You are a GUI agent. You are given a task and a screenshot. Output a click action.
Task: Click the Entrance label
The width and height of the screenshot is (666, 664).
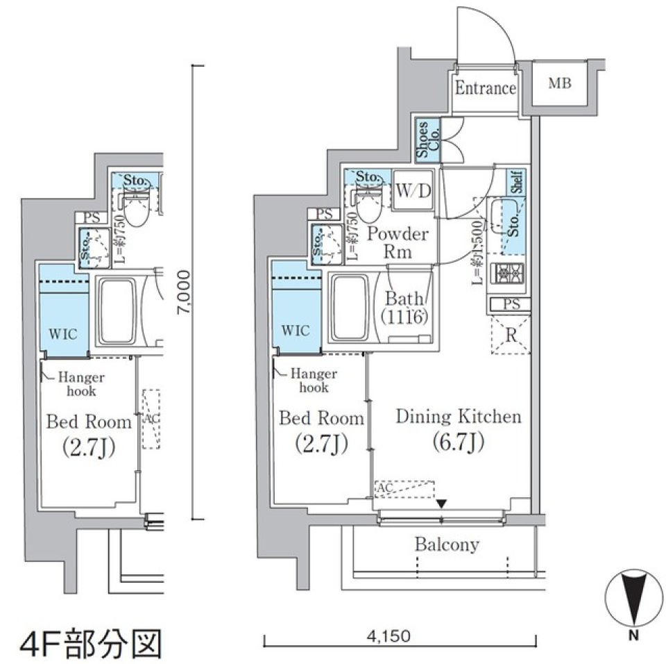pos(485,88)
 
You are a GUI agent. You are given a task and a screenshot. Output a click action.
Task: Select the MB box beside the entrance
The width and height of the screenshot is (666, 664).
pos(560,84)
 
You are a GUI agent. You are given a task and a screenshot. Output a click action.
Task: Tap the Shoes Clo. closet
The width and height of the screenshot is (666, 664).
pos(427,142)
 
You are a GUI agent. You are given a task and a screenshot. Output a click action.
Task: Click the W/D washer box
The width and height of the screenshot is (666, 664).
pos(414,190)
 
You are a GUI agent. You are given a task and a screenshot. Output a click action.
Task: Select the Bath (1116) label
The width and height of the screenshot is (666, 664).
pos(404,308)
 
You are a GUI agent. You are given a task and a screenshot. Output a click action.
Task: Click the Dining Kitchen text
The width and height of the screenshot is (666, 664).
pos(458,417)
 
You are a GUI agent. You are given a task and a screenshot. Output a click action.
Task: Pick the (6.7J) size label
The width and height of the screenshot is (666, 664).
pos(458,442)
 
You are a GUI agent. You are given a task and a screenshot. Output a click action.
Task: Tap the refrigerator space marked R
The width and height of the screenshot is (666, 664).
pos(511,335)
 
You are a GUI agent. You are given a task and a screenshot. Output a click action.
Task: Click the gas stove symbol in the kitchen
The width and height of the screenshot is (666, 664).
pos(510,275)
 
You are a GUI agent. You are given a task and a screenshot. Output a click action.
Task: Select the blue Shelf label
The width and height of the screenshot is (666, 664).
pos(518,182)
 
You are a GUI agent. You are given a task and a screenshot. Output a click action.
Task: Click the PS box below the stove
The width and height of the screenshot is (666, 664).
pos(510,304)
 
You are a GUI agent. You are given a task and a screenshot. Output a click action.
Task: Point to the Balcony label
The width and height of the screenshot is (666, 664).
pos(447,545)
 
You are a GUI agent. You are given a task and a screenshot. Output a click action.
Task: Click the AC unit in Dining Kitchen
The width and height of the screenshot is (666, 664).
pos(404,489)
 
